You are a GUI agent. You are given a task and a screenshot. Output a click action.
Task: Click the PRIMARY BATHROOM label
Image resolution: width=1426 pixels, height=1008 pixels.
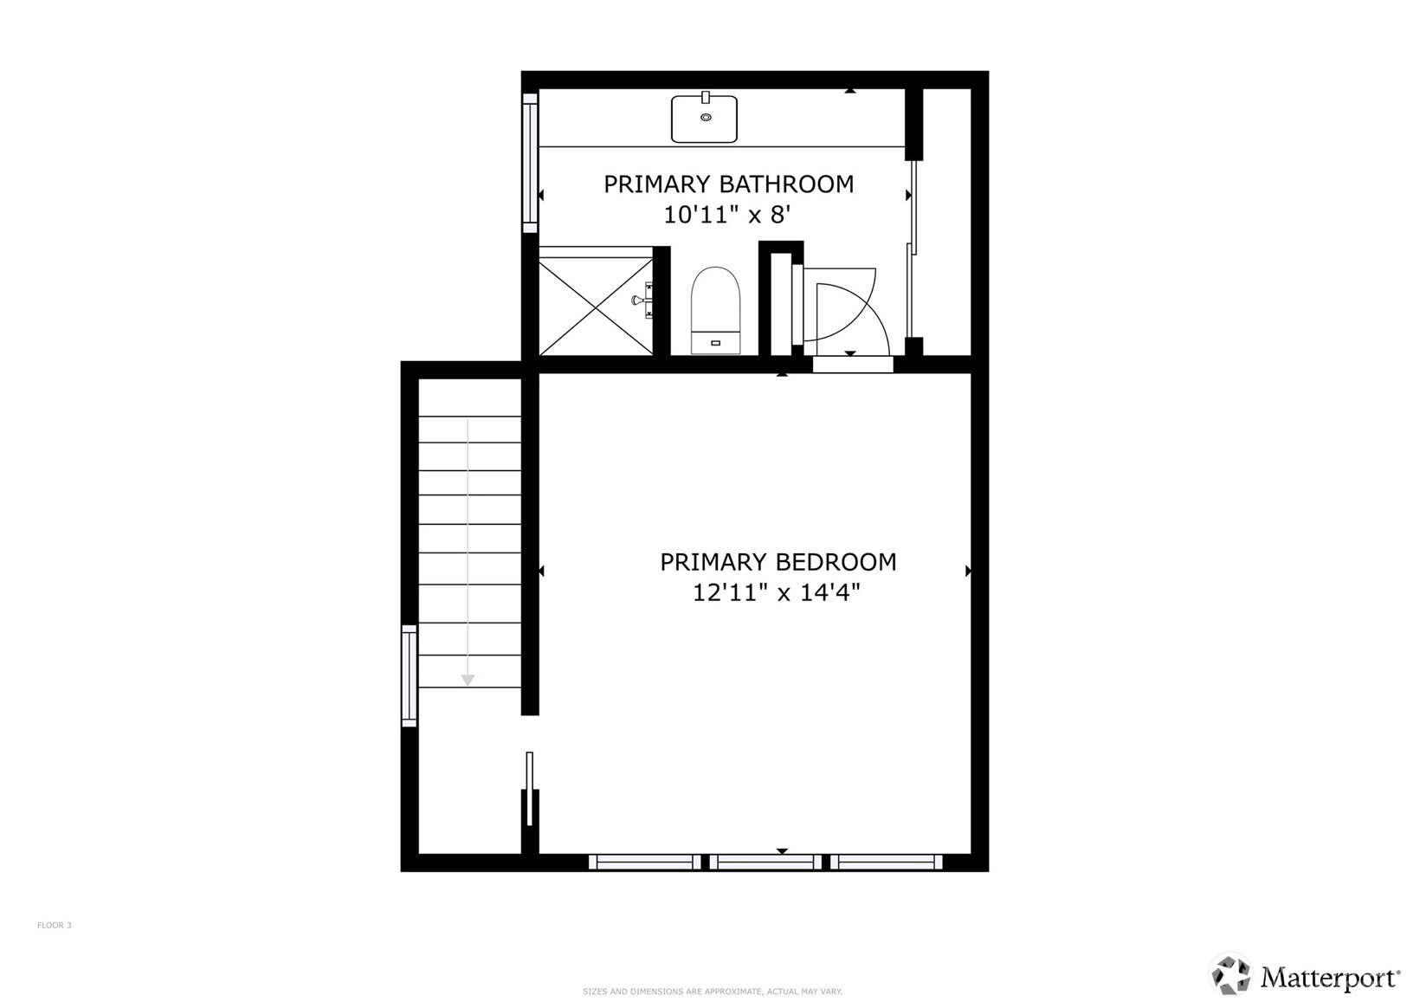[728, 184]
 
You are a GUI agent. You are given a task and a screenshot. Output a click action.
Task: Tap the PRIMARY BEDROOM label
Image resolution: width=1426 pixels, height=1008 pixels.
[778, 562]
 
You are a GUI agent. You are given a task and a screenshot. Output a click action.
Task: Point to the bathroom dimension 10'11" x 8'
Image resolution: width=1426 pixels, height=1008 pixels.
[727, 216]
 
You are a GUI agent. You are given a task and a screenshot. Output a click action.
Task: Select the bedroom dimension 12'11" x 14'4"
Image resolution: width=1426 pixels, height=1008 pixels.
[776, 593]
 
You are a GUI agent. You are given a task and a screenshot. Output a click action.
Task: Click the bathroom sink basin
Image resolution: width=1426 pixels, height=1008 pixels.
[705, 120]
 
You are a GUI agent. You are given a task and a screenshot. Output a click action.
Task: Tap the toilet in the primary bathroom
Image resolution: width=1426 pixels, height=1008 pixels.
[715, 310]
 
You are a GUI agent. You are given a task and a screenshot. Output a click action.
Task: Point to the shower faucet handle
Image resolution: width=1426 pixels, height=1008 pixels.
[643, 300]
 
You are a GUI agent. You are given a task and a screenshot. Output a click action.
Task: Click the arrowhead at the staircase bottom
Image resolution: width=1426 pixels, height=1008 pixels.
[468, 681]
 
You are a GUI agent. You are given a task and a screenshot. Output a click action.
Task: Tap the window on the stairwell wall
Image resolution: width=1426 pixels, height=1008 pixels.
[410, 675]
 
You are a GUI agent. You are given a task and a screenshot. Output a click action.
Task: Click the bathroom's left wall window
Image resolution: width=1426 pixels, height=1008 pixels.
[530, 163]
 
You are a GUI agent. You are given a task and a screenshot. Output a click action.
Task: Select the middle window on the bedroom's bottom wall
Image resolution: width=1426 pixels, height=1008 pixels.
[765, 863]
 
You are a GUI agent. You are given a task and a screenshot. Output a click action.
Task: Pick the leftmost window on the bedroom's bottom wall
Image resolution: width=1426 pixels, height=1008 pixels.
[644, 863]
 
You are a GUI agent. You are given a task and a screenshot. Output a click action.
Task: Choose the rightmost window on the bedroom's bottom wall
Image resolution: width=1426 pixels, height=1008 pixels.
[886, 863]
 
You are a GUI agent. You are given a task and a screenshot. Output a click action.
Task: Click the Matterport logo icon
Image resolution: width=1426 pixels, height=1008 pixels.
[1230, 974]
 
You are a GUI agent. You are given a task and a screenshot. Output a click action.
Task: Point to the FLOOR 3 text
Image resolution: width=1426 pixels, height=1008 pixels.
[54, 925]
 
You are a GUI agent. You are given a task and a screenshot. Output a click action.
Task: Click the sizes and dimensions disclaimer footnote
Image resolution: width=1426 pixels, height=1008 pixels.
[713, 992]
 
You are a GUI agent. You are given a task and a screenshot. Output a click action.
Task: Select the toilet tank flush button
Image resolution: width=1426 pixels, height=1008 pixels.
[715, 343]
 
